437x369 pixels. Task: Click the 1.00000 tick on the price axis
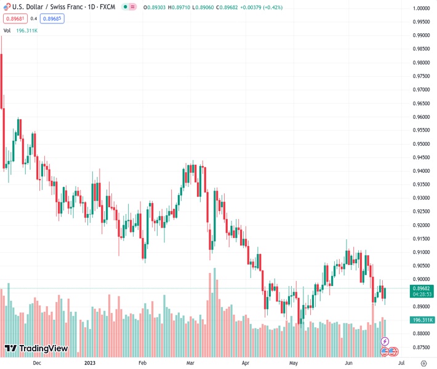point(421,9)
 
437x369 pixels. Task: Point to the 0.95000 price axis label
point(421,144)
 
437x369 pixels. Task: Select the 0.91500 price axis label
point(421,239)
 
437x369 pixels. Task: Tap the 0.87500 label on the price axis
point(421,347)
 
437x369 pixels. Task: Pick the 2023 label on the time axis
point(90,363)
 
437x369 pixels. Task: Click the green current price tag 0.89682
point(422,288)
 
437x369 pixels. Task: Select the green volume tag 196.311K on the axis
point(422,320)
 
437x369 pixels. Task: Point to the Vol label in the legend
point(7,30)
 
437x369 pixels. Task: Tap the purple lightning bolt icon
point(385,341)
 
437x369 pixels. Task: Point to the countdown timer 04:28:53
point(422,294)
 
